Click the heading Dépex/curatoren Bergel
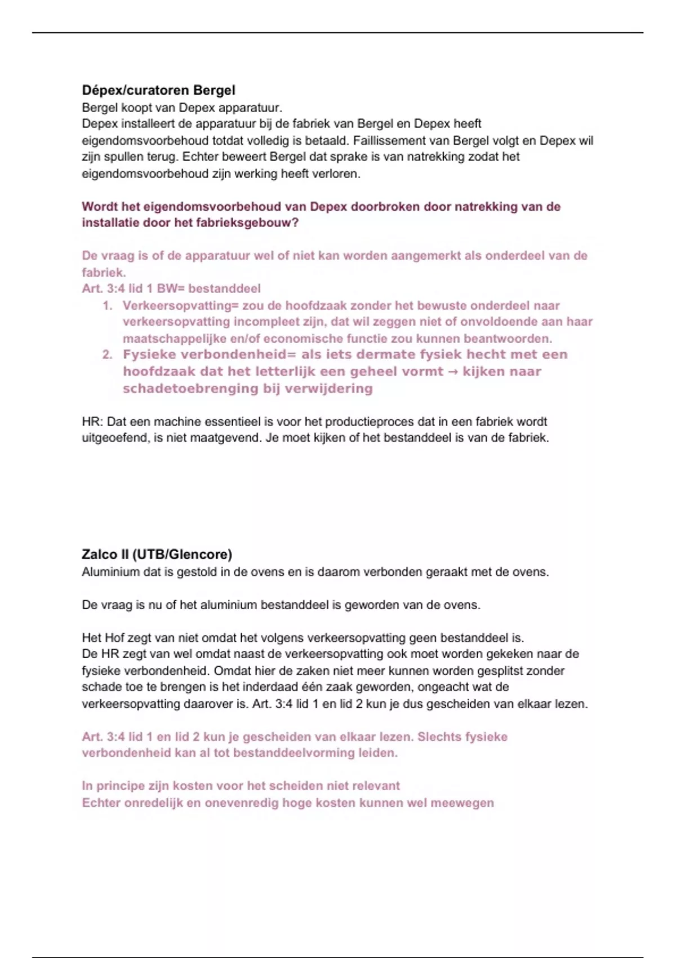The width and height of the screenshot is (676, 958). click(158, 90)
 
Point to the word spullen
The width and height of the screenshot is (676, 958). click(121, 157)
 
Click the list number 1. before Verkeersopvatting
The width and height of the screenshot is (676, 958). click(108, 306)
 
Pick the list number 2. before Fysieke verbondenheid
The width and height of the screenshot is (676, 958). click(108, 355)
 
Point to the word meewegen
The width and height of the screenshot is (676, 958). click(462, 803)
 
